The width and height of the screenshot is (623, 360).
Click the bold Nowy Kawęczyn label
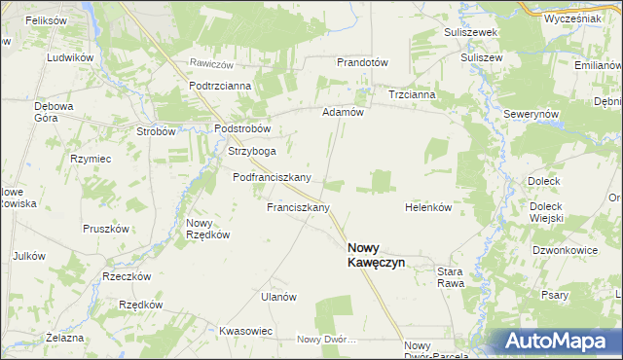click(376, 255)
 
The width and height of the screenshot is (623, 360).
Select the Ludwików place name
click(68, 57)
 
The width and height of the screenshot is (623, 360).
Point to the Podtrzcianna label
click(220, 86)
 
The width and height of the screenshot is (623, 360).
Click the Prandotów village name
click(362, 62)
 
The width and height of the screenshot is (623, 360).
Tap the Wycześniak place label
click(572, 18)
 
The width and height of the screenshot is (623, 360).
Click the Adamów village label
click(343, 112)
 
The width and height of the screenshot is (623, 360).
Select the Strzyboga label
click(251, 151)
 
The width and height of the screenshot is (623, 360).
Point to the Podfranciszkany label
click(272, 177)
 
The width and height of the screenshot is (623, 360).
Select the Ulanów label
click(277, 297)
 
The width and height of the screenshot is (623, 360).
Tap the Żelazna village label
click(65, 337)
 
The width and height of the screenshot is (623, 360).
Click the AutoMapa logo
click(554, 342)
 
